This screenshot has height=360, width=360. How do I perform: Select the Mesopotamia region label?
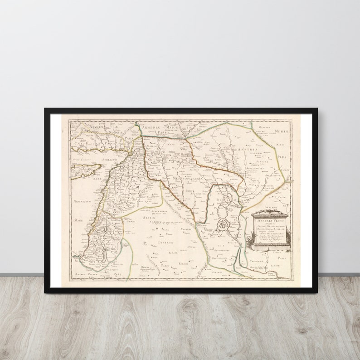coord(188,179)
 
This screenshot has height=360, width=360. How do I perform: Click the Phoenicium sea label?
coord(82,200)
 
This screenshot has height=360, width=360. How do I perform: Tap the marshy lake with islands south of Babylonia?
coord(223,223)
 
